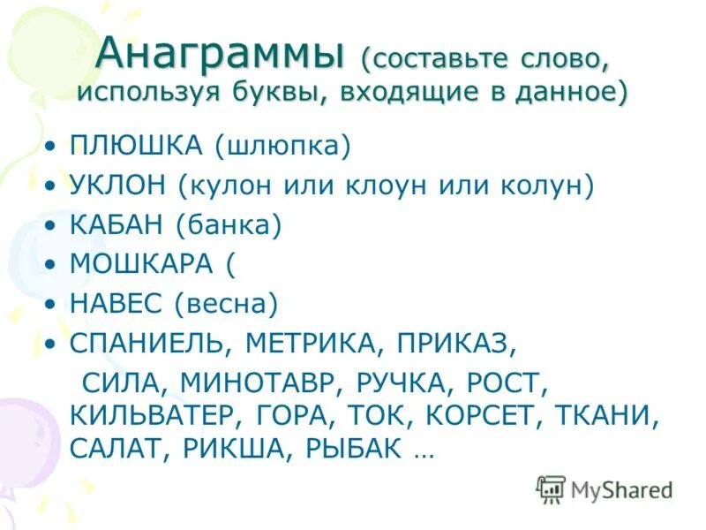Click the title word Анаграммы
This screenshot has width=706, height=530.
pyautogui.click(x=220, y=55)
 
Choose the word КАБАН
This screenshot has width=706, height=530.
pyautogui.click(x=116, y=224)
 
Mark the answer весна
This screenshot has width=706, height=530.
pyautogui.click(x=226, y=304)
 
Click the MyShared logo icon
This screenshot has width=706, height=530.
pyautogui.click(x=552, y=488)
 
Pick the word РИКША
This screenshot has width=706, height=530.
pyautogui.click(x=238, y=448)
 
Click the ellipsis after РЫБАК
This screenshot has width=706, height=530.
pyautogui.click(x=423, y=450)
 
